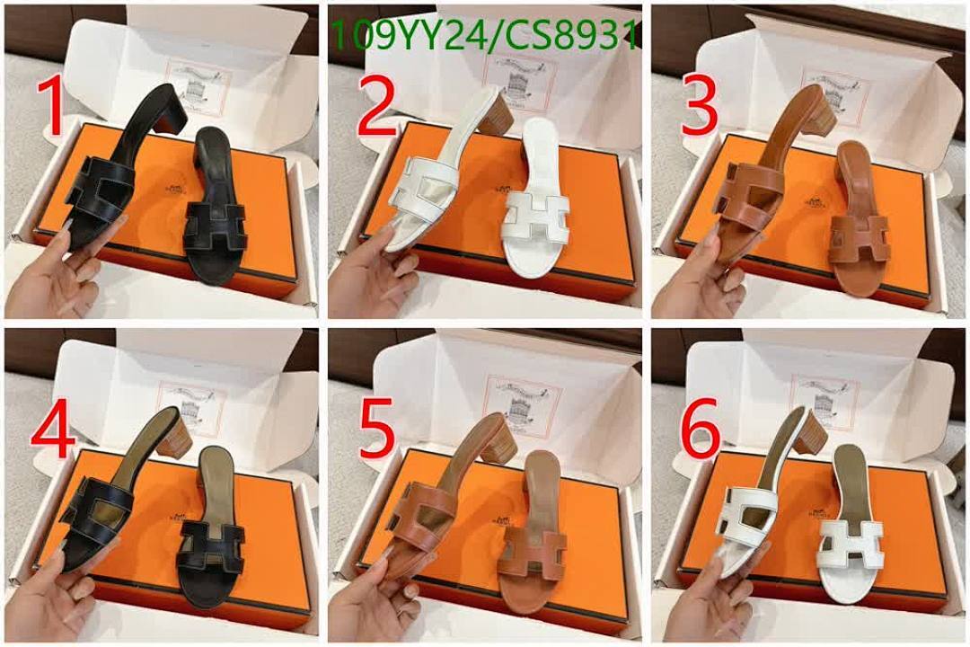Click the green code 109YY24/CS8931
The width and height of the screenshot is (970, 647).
[x=485, y=36]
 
